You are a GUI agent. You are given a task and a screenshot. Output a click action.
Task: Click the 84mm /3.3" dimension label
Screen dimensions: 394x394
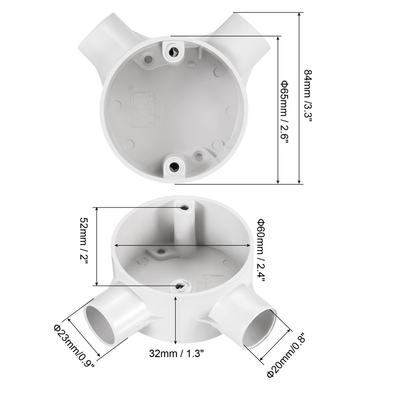coord(308,96)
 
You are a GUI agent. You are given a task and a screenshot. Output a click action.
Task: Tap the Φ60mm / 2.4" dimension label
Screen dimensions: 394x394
coord(261,250)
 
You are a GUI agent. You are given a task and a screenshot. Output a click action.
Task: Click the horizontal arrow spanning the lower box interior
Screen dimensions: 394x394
coord(182,245)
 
